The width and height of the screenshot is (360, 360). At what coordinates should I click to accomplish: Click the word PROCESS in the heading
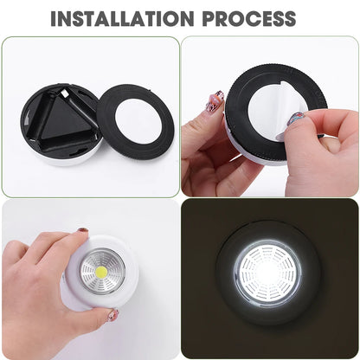click(251, 18)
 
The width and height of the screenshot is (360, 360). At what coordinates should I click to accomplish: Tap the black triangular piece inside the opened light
click(62, 117)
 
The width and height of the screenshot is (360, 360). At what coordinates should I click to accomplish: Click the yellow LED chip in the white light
click(102, 271)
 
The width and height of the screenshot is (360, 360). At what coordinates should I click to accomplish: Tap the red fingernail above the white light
click(83, 230)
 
